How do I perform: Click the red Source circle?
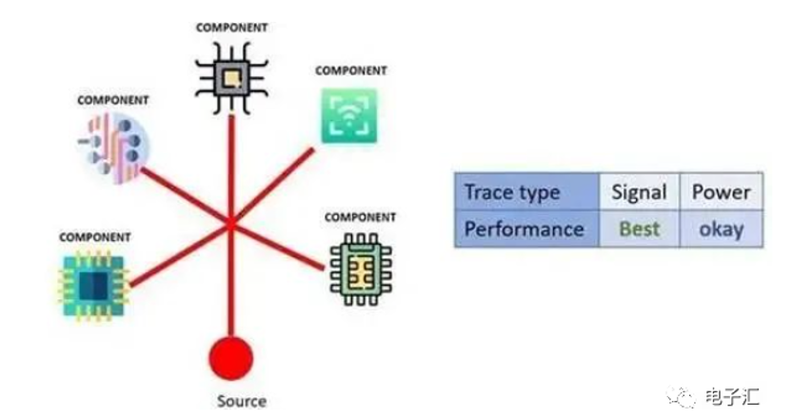click(230, 357)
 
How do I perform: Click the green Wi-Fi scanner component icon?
click(347, 116)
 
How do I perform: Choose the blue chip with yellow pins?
click(92, 283)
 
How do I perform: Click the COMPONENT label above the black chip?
click(231, 27)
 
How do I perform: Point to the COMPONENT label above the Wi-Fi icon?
click(350, 70)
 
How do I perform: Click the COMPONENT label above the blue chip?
click(94, 236)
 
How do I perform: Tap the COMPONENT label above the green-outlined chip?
click(360, 217)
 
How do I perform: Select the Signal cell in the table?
click(639, 192)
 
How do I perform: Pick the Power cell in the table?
click(721, 192)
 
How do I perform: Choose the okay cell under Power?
click(721, 229)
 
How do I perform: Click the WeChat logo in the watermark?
click(682, 393)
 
